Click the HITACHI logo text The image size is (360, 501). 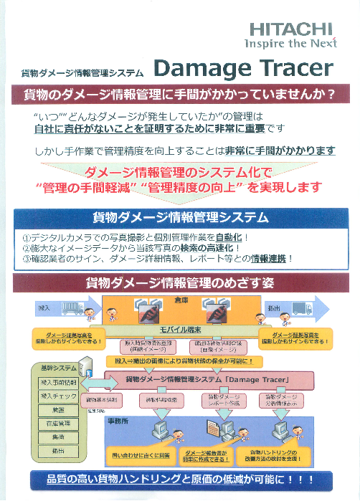291,29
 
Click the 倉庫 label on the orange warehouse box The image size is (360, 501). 181,300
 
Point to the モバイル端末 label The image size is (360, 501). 179,329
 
